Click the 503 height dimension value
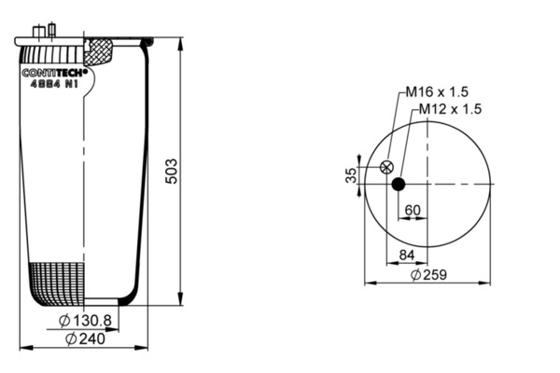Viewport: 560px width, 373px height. [172, 172]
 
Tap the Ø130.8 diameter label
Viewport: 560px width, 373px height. [85, 321]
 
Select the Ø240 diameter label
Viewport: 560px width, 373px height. [85, 338]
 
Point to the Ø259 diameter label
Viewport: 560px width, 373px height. [428, 275]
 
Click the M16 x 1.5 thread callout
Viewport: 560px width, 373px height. [437, 92]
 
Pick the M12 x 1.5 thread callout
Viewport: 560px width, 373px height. [450, 109]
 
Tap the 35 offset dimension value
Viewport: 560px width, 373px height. [352, 175]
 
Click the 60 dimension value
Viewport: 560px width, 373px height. [413, 210]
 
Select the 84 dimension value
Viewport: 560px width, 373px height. [407, 255]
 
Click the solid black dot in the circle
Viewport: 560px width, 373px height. [399, 185]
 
